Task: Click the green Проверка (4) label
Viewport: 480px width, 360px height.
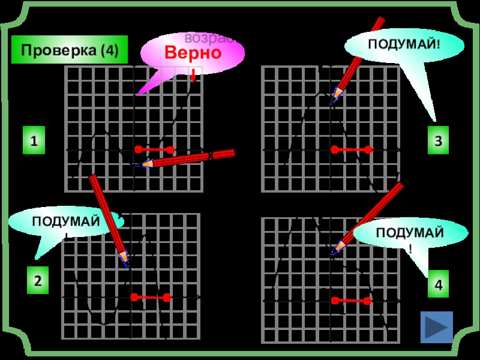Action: (x=70, y=50)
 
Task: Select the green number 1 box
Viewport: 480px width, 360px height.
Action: (x=34, y=142)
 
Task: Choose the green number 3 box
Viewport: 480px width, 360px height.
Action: (x=439, y=141)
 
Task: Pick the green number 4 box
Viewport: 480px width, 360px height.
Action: (x=439, y=286)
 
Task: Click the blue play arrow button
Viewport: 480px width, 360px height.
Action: (x=437, y=328)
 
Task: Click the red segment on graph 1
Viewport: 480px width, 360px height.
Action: (x=154, y=149)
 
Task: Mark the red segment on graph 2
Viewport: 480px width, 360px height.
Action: (x=151, y=297)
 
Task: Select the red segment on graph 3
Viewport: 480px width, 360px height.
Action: (x=352, y=149)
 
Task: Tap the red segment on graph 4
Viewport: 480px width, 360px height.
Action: (x=352, y=300)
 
